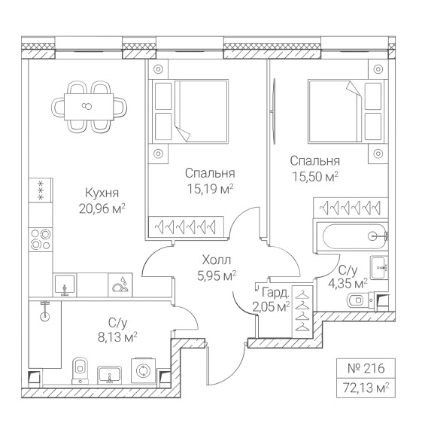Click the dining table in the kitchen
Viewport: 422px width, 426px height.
[x=89, y=107]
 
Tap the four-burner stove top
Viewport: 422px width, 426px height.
[x=41, y=239]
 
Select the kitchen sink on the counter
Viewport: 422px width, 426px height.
[x=65, y=285]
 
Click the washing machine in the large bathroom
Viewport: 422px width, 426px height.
[x=144, y=370]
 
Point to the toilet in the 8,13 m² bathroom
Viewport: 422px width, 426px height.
[x=80, y=370]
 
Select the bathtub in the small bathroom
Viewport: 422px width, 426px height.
[x=352, y=236]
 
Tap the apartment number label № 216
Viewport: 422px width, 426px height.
[x=366, y=368]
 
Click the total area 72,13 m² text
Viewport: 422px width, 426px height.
[x=366, y=388]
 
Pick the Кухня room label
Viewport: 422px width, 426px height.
[x=102, y=193]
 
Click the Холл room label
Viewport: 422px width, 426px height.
[x=217, y=260]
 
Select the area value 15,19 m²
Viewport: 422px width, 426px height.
[x=210, y=189]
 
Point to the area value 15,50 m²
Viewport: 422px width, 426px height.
[x=315, y=177]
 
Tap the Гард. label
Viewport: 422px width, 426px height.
[x=275, y=293]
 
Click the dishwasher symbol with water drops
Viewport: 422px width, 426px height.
[x=120, y=285]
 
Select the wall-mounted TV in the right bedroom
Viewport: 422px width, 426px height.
[x=274, y=111]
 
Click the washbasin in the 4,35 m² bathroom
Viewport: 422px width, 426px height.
[x=379, y=267]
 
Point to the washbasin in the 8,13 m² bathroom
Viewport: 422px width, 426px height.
[x=109, y=375]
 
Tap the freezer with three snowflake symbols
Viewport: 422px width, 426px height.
[x=41, y=190]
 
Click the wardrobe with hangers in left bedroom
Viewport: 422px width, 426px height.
[x=186, y=227]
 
